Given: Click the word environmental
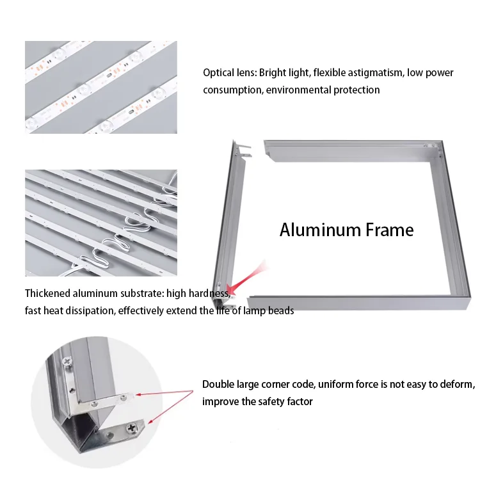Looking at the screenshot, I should (297, 90).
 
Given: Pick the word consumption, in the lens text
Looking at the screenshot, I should (232, 90).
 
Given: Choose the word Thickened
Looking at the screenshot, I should (49, 294).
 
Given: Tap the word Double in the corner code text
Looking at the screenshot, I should (218, 385).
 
